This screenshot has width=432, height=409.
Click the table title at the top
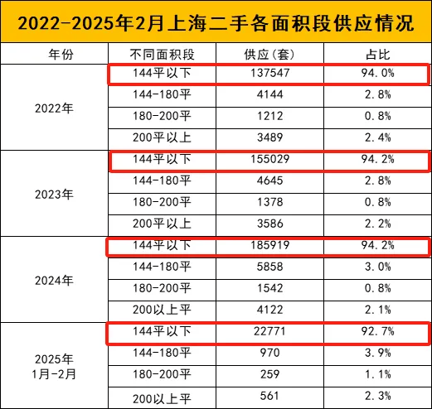216,23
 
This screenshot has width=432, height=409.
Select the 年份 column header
61,55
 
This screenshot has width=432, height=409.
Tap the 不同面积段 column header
163,55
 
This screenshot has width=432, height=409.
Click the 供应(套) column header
269,55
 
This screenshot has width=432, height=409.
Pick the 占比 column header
378,55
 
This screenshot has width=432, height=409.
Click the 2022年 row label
54,108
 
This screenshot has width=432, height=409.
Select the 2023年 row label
54,195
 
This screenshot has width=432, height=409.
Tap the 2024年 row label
54,281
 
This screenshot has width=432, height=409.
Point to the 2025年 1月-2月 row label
54,367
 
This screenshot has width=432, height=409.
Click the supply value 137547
269,73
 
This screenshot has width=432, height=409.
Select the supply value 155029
269,159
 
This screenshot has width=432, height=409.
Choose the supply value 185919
269,245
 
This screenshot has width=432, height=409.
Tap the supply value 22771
269,331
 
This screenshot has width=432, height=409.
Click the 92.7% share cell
378,331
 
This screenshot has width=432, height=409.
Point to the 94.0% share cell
378,73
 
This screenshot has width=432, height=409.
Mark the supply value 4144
269,94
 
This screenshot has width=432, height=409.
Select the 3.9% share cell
378,353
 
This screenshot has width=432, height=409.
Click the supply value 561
269,396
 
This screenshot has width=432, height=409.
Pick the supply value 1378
269,202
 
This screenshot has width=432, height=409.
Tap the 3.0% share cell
378,267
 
